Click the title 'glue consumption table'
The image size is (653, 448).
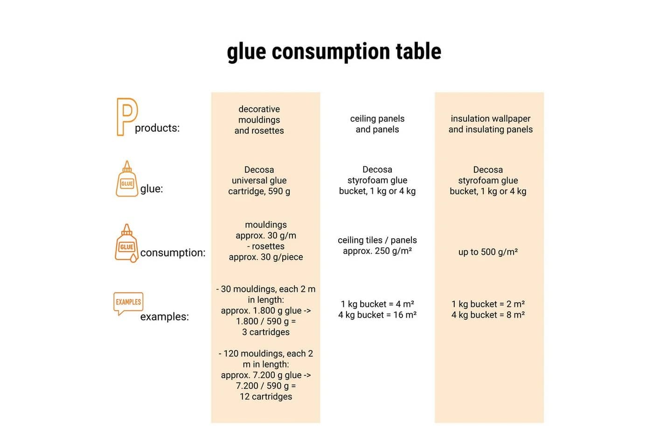[x=334, y=52]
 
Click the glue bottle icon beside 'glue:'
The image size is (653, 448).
[x=127, y=179]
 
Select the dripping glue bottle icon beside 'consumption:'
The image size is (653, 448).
[x=126, y=243]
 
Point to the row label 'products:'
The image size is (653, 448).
[x=157, y=128]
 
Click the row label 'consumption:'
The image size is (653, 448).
[x=173, y=252]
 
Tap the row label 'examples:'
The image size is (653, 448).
[x=164, y=316]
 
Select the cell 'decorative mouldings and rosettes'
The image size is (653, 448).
[x=259, y=120]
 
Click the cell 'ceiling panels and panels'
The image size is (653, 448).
[x=377, y=124]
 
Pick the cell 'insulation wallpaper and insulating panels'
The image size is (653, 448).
[x=491, y=124]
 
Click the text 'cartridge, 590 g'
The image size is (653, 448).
[x=259, y=191]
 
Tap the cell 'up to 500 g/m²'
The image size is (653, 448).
[x=488, y=252]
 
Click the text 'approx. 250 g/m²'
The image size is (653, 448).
[x=377, y=251]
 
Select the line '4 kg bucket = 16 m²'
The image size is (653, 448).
[x=377, y=315]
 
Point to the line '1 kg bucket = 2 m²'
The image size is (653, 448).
[x=488, y=304]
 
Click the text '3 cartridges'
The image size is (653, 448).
[x=266, y=332]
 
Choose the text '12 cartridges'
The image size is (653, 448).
[x=266, y=396]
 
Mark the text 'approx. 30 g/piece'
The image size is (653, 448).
[x=266, y=257]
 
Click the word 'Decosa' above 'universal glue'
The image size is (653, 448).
[x=259, y=170]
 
